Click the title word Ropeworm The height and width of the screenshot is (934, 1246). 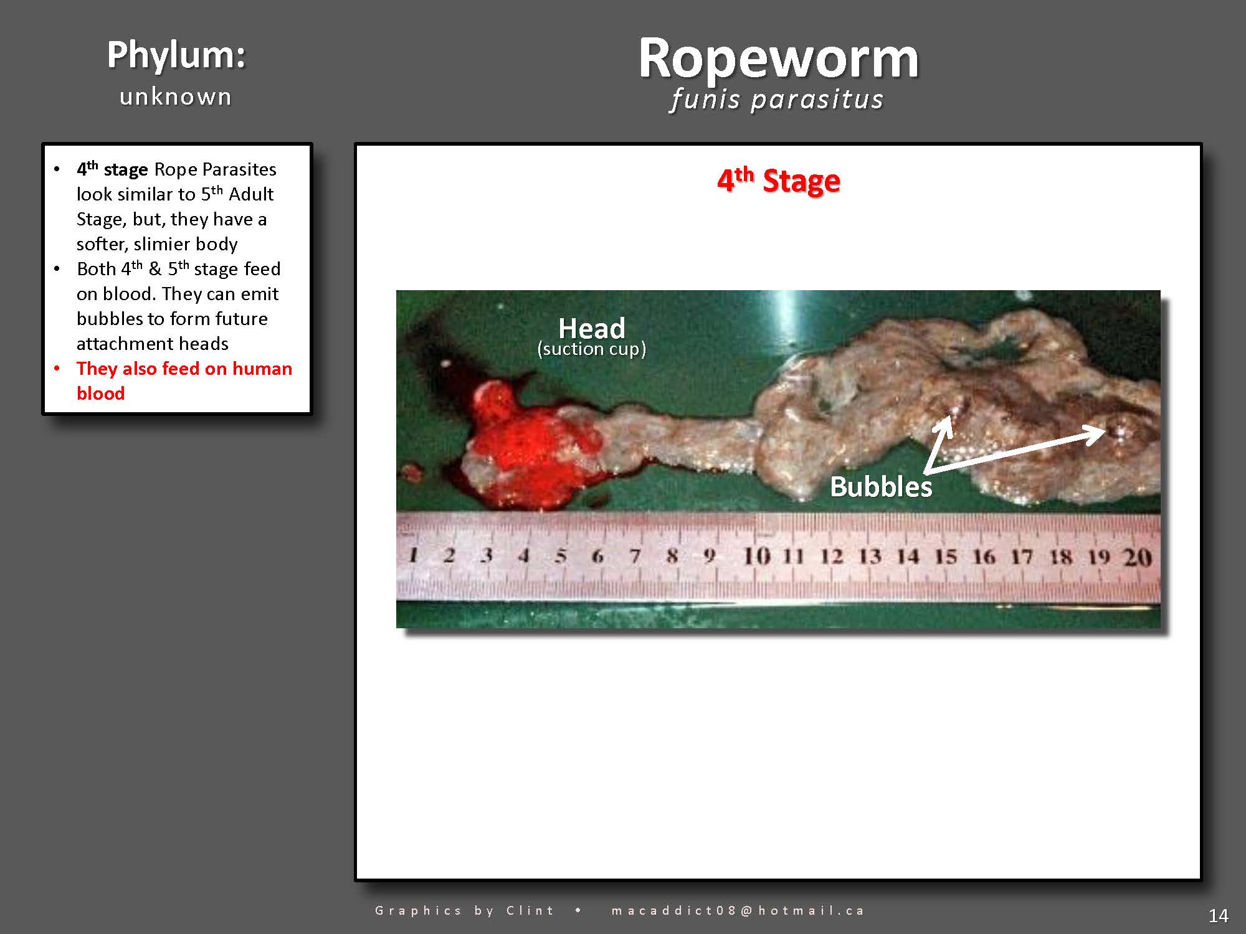pyautogui.click(x=778, y=59)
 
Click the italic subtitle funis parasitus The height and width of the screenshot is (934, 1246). pyautogui.click(x=777, y=100)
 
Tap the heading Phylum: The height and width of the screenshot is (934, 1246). pyautogui.click(x=176, y=55)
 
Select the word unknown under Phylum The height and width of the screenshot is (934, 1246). pyautogui.click(x=176, y=97)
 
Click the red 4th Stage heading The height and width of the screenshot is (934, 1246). pyautogui.click(x=778, y=181)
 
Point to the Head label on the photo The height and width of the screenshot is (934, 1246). pyautogui.click(x=591, y=328)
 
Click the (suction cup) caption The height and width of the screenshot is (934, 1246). pyautogui.click(x=591, y=349)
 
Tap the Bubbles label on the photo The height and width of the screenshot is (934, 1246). pyautogui.click(x=881, y=487)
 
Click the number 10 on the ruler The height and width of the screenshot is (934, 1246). pyautogui.click(x=757, y=555)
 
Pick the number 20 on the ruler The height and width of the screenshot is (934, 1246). pyautogui.click(x=1137, y=557)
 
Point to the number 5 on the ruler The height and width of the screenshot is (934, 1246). pyautogui.click(x=561, y=555)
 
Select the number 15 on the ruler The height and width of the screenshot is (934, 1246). pyautogui.click(x=946, y=556)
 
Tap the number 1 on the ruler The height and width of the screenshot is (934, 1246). pyautogui.click(x=413, y=555)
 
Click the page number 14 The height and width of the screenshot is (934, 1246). pyautogui.click(x=1218, y=916)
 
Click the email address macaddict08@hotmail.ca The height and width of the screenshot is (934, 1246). pyautogui.click(x=738, y=910)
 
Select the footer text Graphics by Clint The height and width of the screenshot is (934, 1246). pyautogui.click(x=464, y=910)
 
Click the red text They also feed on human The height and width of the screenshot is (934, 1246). pyautogui.click(x=184, y=369)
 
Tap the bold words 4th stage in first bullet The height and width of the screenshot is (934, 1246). pyautogui.click(x=112, y=169)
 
